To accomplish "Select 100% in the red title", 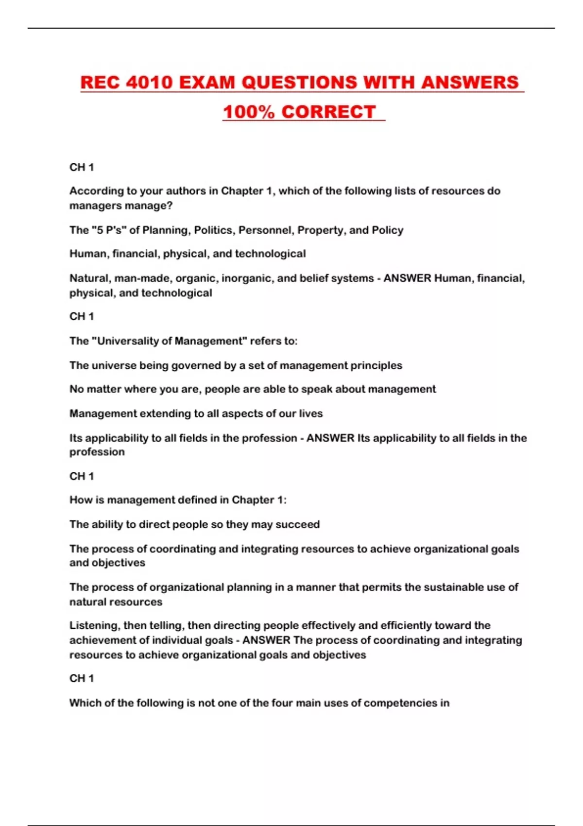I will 249,112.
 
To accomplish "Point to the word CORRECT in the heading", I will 328,112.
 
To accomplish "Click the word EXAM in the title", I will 207,82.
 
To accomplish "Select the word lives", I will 310,413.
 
